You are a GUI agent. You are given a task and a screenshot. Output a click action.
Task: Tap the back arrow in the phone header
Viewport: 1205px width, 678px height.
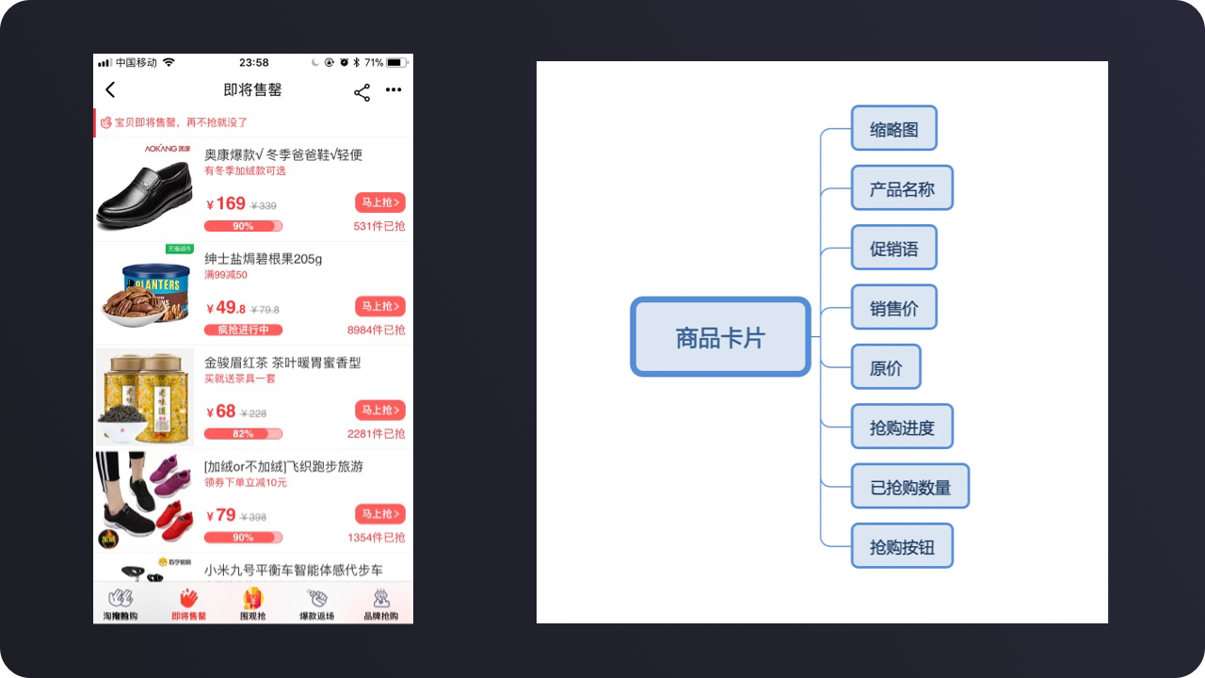(x=110, y=89)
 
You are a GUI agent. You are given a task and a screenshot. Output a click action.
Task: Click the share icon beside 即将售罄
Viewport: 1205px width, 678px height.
(x=361, y=91)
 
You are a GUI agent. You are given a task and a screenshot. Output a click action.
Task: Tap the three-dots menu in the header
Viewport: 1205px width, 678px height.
(x=394, y=90)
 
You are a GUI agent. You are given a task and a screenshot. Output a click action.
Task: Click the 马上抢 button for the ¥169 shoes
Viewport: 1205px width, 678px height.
(x=379, y=202)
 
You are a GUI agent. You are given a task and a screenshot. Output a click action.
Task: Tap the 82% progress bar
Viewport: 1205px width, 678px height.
(x=243, y=434)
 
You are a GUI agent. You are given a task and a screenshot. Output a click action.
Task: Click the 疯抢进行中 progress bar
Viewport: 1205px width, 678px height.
(x=243, y=331)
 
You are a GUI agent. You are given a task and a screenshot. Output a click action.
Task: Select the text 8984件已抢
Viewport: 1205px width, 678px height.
(x=376, y=331)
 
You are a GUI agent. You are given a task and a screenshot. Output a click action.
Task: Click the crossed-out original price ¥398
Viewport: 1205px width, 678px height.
(x=253, y=517)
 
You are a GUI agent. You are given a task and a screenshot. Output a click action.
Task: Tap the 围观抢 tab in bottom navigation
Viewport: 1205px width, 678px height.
(x=252, y=604)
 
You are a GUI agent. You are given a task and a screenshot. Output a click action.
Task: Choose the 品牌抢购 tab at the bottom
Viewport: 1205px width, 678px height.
(x=380, y=604)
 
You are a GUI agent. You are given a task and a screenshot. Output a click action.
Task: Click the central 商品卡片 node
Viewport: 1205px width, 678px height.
(x=720, y=337)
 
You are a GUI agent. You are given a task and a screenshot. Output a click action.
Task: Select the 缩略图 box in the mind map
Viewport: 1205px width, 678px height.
(x=893, y=129)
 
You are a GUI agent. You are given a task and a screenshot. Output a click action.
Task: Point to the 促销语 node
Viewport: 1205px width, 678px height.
(x=893, y=249)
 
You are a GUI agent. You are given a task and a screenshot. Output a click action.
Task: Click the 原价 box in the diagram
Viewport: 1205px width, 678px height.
(x=885, y=367)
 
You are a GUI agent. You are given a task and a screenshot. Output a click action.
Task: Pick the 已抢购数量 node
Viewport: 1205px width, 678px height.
(x=909, y=487)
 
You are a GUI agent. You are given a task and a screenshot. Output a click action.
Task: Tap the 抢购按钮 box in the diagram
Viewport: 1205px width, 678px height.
(x=902, y=546)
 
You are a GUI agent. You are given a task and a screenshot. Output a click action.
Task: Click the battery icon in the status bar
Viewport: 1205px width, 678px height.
(x=397, y=63)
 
